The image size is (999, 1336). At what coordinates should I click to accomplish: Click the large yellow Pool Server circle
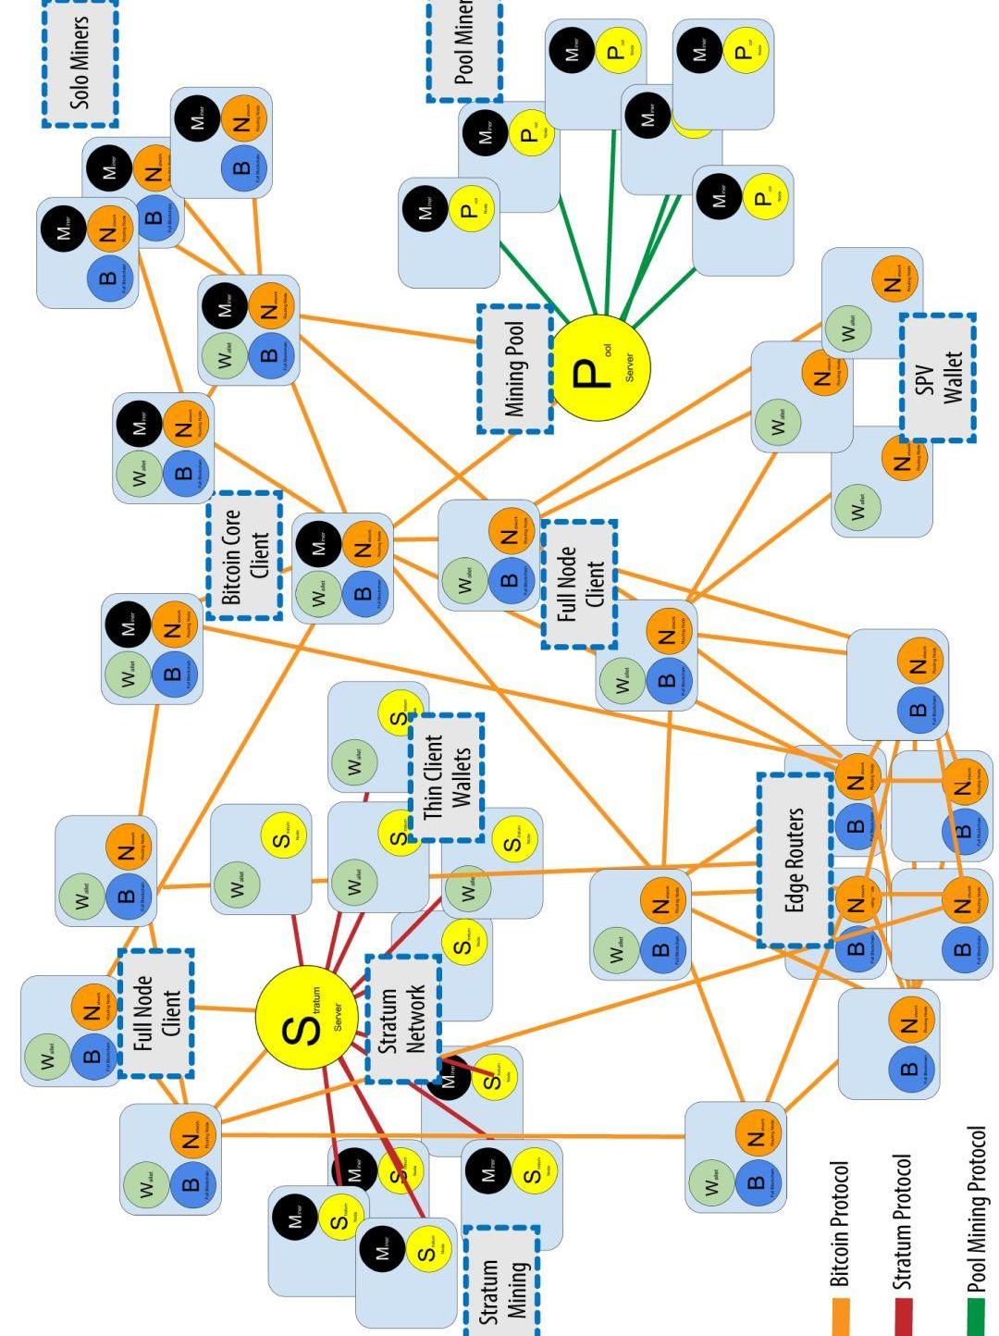click(x=600, y=366)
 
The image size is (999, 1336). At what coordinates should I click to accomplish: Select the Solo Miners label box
click(x=80, y=62)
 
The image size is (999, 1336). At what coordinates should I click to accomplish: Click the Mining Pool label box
click(x=515, y=368)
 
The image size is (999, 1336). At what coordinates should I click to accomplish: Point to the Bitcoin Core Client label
click(x=245, y=555)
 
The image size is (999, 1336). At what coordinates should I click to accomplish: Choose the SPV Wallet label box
click(x=938, y=377)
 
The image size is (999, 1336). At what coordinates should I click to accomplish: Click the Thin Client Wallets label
click(x=447, y=777)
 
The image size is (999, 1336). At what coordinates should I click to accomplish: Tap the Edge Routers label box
click(x=795, y=860)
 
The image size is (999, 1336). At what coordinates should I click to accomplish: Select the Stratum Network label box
click(x=403, y=1019)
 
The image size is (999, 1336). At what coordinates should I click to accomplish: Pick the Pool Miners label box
click(x=464, y=48)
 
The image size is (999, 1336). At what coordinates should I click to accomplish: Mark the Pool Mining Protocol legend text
click(x=976, y=1208)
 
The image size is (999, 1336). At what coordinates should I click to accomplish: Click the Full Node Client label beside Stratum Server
click(x=156, y=1013)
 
